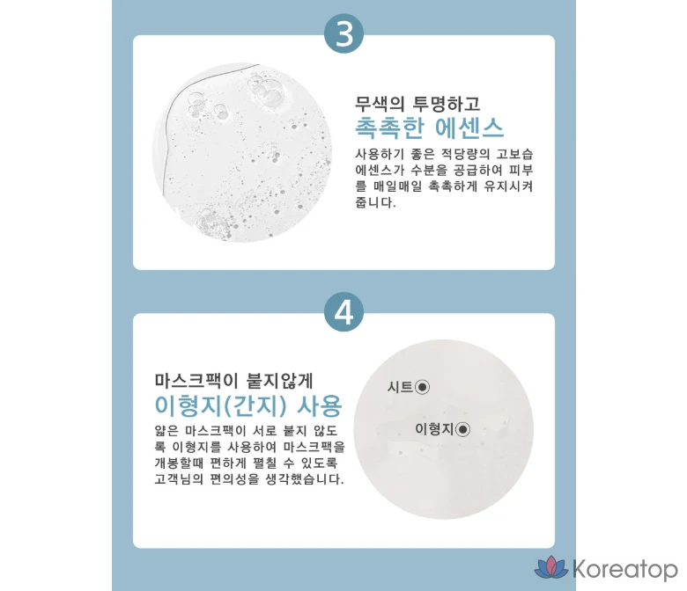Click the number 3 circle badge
pos(343,33)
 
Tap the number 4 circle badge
pos(343,311)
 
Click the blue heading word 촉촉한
pos(389,128)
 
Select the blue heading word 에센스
pos(469,128)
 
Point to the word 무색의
pos(380,104)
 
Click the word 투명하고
pos(447,104)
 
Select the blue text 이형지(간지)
pos(220,405)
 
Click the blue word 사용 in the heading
pos(320,405)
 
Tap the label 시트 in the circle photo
pos(400,387)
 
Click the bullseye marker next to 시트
pos(423,387)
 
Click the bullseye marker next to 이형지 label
pos(462,429)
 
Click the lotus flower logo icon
pos(551,567)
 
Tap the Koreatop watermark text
pos(624,569)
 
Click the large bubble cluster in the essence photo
pos(267,90)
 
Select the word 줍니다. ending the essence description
pos(375,202)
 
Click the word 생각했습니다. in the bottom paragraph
pos(305,478)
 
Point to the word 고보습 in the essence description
pos(514,154)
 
